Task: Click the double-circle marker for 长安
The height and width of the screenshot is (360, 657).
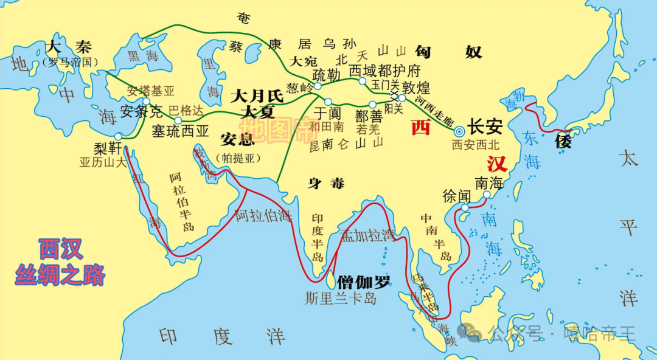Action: [x=460, y=130]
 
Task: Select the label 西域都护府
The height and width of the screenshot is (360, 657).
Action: [x=384, y=69]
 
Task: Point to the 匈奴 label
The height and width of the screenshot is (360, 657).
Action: [x=448, y=52]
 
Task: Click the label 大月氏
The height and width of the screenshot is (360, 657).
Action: [x=257, y=95]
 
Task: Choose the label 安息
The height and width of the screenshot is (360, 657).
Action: [x=237, y=139]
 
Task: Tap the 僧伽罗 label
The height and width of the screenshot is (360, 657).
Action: [x=364, y=281]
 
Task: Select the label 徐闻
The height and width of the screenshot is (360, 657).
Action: [x=457, y=196]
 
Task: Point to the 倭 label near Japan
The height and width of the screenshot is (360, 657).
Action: [x=563, y=142]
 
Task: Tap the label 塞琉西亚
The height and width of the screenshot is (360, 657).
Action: [x=180, y=131]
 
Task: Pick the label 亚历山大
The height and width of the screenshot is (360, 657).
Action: [x=102, y=162]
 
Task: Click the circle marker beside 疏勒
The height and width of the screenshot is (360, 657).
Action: [x=317, y=86]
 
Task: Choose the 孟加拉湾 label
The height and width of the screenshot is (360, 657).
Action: [x=367, y=235]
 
